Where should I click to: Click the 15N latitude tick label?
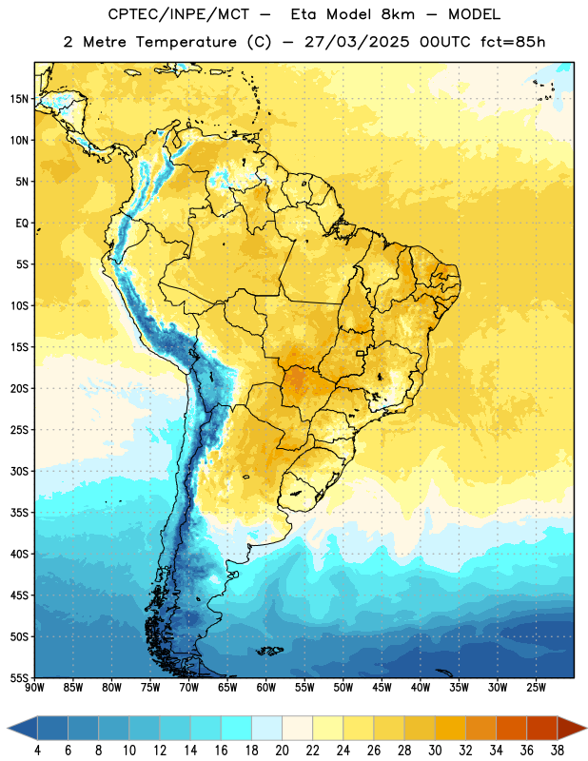pyautogui.click(x=19, y=99)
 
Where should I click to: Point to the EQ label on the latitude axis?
pyautogui.click(x=22, y=224)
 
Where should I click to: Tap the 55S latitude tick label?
pyautogui.click(x=19, y=677)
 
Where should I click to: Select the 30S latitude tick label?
pyautogui.click(x=19, y=471)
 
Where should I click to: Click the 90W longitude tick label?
pyautogui.click(x=34, y=687)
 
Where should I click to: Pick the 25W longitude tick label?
pyautogui.click(x=536, y=687)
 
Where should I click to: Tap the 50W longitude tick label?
pyautogui.click(x=343, y=687)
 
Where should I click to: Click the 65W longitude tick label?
pyautogui.click(x=227, y=687)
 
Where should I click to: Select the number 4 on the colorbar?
pyautogui.click(x=37, y=751)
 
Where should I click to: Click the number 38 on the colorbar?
pyautogui.click(x=558, y=751)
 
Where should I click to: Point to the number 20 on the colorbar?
pyautogui.click(x=282, y=751)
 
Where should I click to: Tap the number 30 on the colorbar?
pyautogui.click(x=435, y=751)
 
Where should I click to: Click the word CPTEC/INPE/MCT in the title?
pyautogui.click(x=178, y=14)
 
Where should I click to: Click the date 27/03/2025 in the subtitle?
pyautogui.click(x=357, y=42)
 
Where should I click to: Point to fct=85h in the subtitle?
pyautogui.click(x=513, y=42)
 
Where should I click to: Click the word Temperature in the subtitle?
pyautogui.click(x=186, y=42)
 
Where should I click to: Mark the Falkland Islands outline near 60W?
pyautogui.click(x=269, y=651)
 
